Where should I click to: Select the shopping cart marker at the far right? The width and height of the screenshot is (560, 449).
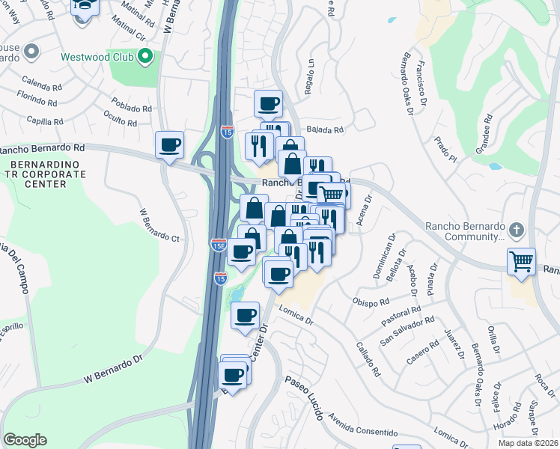pyautogui.click(x=521, y=261)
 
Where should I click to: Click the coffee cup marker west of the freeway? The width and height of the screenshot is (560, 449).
pyautogui.click(x=170, y=144)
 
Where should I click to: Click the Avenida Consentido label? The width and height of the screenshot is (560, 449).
pyautogui.click(x=363, y=428)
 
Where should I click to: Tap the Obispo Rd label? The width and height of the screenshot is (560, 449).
pyautogui.click(x=371, y=302)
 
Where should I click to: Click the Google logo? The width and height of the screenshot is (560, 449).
pyautogui.click(x=25, y=440)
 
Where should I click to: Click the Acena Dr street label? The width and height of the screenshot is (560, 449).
pyautogui.click(x=365, y=211)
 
